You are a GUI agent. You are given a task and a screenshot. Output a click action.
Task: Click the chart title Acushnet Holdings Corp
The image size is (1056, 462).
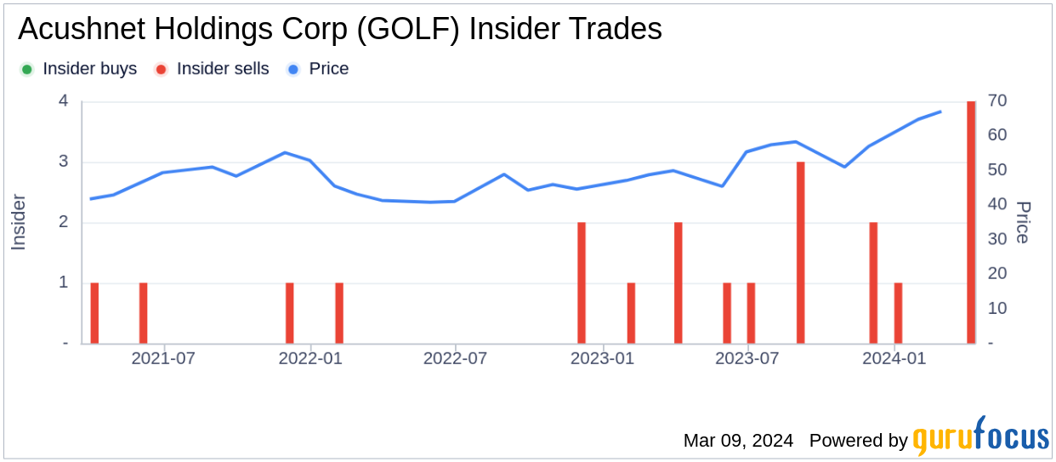pyautogui.click(x=339, y=30)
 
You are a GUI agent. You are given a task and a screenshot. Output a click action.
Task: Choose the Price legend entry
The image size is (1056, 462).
pyautogui.click(x=318, y=69)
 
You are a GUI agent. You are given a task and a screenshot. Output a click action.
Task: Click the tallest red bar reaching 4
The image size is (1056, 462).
pyautogui.click(x=971, y=222)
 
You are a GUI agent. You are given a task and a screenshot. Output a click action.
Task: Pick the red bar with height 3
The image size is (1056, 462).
pyautogui.click(x=800, y=253)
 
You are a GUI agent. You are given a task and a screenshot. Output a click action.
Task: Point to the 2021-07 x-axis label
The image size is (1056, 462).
pyautogui.click(x=163, y=358)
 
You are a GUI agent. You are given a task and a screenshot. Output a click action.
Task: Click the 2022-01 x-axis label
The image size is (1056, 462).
pyautogui.click(x=310, y=358)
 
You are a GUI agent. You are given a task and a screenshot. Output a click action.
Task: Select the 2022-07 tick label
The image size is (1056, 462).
pyautogui.click(x=455, y=358)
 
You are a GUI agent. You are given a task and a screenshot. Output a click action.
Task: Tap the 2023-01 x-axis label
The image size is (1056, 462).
pyautogui.click(x=602, y=358)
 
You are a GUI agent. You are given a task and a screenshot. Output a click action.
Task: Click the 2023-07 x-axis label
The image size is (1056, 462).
pyautogui.click(x=747, y=358)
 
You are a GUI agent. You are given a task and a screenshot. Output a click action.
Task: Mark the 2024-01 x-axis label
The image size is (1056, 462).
pyautogui.click(x=894, y=358)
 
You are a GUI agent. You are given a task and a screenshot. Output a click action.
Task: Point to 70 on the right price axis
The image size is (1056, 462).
pyautogui.click(x=998, y=101)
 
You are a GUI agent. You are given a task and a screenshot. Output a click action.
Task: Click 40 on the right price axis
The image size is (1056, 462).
pyautogui.click(x=998, y=205)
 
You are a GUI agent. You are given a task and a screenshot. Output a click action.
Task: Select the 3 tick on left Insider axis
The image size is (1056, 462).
pyautogui.click(x=63, y=163)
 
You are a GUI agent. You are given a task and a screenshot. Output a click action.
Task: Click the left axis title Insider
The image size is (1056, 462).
pyautogui.click(x=19, y=222)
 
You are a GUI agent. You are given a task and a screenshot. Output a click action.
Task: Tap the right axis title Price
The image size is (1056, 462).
pyautogui.click(x=1024, y=222)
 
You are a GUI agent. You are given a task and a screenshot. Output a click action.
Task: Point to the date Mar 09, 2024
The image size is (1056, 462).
pyautogui.click(x=738, y=441)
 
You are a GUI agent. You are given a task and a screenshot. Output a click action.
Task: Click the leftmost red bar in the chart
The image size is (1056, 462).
pyautogui.click(x=94, y=313)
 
